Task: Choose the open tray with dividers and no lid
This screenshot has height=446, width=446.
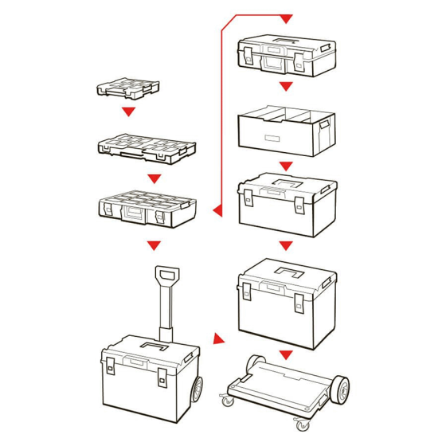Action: [285, 129]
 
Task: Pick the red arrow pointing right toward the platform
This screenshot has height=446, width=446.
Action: [217, 340]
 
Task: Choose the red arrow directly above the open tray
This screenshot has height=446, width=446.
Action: [286, 86]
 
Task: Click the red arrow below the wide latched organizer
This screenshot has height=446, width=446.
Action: [155, 245]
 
